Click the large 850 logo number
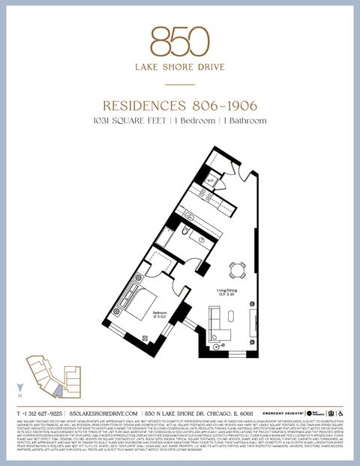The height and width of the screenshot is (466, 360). [179, 41]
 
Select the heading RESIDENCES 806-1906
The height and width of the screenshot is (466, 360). [179, 107]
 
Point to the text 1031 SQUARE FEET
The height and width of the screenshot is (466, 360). [128, 120]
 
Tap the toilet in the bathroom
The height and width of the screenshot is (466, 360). [182, 233]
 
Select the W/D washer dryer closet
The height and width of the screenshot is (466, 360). [211, 181]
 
